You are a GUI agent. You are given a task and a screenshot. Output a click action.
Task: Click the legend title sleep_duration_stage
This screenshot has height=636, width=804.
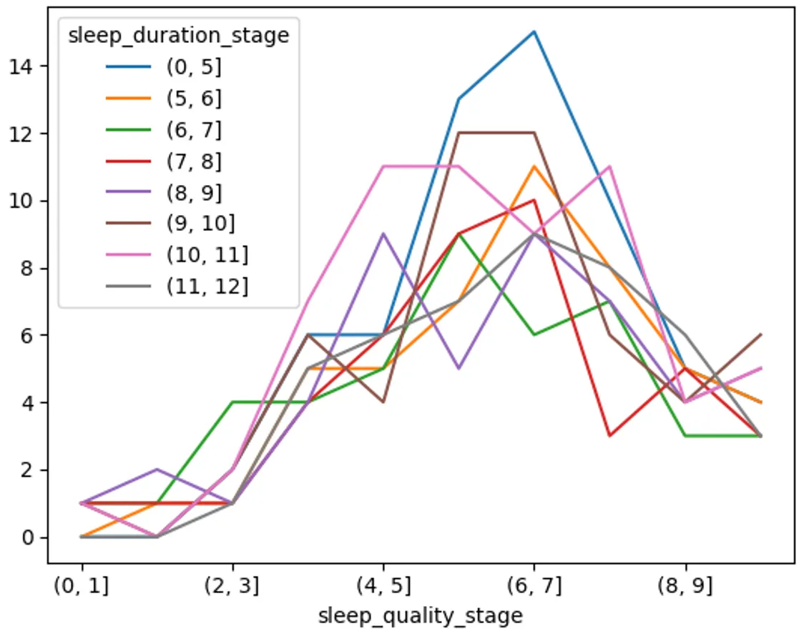coord(178,36)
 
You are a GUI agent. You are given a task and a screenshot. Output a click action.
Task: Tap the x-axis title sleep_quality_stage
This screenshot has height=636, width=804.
coord(421,615)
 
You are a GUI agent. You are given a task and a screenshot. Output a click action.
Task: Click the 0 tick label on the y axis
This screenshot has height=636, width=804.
coord(28,537)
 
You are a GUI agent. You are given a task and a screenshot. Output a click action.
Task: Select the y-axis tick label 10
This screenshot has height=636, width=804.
coord(22,201)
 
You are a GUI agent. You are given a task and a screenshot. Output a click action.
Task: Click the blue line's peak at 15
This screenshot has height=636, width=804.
coord(534,31)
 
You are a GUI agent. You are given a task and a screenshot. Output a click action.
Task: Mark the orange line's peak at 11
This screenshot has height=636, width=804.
coord(534,167)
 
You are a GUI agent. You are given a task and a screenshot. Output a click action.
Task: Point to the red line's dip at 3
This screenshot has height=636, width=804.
coord(609,436)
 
